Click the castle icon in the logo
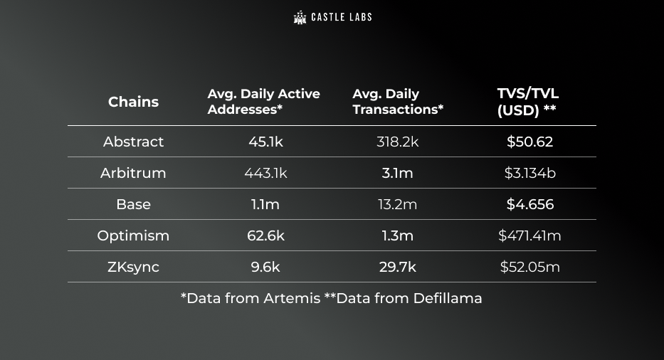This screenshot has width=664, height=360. [300, 17]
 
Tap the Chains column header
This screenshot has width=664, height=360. [133, 102]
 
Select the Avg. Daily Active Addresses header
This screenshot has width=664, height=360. [263, 102]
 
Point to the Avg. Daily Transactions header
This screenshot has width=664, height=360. [398, 102]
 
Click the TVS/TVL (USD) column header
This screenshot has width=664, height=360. [527, 102]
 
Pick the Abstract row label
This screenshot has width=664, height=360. [133, 142]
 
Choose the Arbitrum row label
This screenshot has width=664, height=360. [133, 173]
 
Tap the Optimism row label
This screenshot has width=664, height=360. [133, 235]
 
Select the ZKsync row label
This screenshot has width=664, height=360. [133, 267]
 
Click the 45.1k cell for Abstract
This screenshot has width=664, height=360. [265, 142]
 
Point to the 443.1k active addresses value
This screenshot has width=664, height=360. [265, 173]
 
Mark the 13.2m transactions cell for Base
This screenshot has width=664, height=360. [398, 204]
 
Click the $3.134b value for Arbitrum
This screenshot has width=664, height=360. [529, 173]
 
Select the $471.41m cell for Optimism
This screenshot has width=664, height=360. [529, 235]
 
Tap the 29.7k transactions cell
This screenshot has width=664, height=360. [398, 267]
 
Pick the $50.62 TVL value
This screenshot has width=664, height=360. [529, 142]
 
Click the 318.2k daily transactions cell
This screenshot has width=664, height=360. [398, 142]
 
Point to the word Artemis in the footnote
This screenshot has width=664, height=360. [292, 298]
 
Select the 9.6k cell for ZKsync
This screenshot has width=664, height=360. [265, 267]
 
